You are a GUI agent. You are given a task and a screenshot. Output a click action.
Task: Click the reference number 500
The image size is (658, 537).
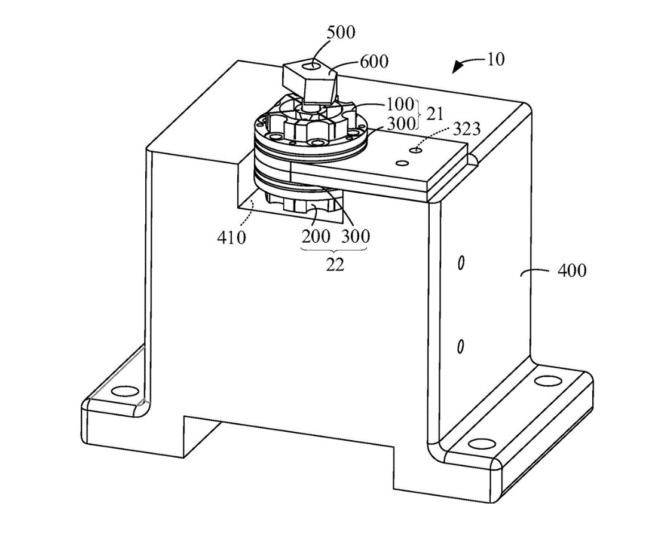[341, 32]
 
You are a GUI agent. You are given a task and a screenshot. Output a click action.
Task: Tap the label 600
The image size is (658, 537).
[374, 62]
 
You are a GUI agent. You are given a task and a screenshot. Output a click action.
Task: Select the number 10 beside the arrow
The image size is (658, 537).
[495, 59]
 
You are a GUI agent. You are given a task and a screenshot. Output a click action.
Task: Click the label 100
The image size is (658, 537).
[399, 105]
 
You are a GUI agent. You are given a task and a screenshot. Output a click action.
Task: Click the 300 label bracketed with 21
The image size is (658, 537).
[399, 123]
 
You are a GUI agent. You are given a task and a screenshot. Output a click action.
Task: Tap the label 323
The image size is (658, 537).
[467, 129]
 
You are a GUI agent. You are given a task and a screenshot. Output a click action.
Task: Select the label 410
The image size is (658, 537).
[231, 237]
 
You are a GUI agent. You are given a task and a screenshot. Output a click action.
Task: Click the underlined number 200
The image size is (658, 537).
[316, 236]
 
